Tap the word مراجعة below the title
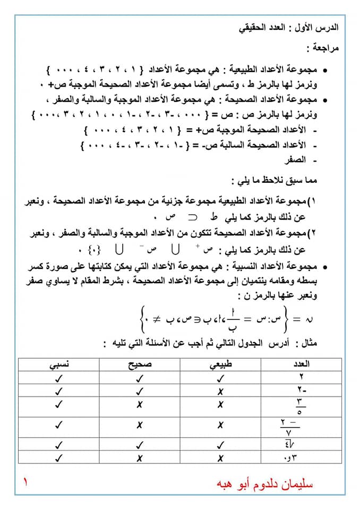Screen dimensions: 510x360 click(323, 48)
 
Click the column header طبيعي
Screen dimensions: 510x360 click(221, 364)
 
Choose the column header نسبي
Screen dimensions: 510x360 click(59, 364)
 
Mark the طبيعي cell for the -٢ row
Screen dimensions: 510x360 click(221, 391)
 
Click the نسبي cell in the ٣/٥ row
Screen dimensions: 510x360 click(59, 405)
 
